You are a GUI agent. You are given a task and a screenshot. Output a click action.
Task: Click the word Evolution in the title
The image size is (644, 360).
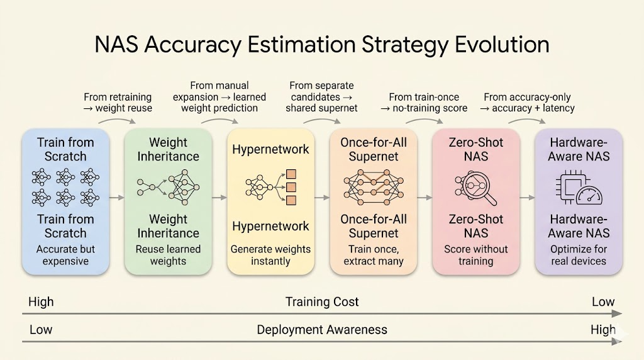501,45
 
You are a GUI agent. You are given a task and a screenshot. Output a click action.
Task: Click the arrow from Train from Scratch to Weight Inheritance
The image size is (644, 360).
116,198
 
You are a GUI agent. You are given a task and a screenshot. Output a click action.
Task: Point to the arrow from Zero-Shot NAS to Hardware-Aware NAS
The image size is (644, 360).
528,198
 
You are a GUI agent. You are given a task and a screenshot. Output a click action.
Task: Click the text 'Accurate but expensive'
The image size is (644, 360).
65,255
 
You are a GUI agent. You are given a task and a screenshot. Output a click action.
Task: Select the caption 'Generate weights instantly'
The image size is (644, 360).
270,255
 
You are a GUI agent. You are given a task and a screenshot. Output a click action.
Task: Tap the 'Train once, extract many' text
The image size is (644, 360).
374,255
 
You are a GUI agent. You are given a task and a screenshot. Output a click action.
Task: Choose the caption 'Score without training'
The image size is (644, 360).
476,255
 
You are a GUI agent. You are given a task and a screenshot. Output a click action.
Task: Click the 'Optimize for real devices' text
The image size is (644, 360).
579,255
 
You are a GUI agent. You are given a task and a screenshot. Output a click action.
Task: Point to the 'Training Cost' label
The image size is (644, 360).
322,302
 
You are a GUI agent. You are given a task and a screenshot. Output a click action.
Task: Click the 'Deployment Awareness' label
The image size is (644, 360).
322,330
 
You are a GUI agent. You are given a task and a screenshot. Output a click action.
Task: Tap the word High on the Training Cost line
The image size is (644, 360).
41,302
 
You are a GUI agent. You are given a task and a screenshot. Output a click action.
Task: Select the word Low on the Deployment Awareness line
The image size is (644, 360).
41,330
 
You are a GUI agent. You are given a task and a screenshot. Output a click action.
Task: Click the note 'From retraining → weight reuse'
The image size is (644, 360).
118,103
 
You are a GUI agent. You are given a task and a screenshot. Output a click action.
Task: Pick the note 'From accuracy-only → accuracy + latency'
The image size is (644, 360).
528,103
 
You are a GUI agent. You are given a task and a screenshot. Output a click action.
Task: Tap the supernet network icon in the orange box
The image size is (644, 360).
374,188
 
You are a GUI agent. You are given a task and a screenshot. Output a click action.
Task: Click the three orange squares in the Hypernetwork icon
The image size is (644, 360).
291,188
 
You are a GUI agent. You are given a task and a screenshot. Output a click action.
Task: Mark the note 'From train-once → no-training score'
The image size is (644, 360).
424,103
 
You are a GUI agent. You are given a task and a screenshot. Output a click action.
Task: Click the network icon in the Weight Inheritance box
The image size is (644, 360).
168,188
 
